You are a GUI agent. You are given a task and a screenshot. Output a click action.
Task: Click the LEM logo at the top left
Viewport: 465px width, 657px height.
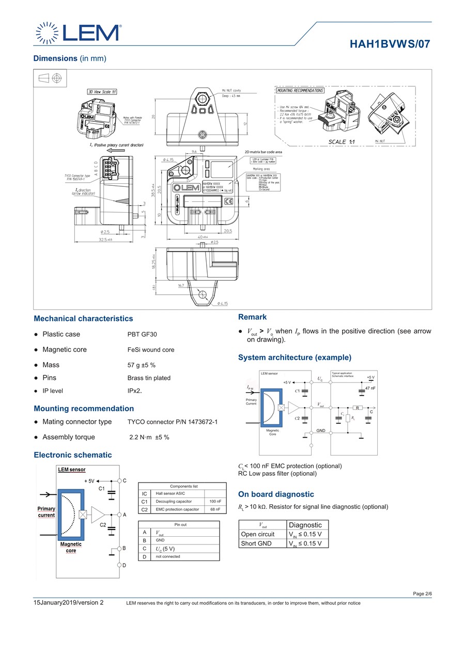click(78, 33)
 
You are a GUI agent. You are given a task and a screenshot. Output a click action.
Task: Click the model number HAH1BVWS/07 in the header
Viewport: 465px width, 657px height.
click(390, 44)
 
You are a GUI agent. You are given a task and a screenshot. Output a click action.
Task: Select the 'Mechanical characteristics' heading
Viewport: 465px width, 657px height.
click(83, 318)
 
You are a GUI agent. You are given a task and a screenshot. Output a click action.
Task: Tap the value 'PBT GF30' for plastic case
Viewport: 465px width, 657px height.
click(142, 334)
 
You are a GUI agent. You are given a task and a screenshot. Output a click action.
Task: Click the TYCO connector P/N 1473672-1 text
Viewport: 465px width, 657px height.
click(173, 422)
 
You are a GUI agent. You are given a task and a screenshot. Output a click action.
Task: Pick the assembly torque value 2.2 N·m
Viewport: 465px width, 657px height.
click(149, 437)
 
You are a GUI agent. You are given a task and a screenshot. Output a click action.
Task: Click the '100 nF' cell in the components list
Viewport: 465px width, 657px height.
click(215, 501)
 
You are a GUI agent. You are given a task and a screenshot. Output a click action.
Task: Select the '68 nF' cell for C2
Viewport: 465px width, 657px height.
click(215, 509)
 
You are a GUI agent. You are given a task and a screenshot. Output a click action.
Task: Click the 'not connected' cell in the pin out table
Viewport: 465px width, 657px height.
click(168, 556)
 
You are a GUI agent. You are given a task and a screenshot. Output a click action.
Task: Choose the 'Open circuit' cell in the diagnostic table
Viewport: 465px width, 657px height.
click(258, 534)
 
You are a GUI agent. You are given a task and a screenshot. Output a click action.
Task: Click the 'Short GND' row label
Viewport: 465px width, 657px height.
click(256, 543)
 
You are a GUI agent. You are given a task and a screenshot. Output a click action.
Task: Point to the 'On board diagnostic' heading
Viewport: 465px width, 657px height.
click(276, 494)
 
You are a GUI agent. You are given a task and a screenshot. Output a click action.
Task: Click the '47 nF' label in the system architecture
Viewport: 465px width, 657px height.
click(370, 388)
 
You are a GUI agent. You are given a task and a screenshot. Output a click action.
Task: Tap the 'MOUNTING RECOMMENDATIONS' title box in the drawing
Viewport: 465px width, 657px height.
click(300, 90)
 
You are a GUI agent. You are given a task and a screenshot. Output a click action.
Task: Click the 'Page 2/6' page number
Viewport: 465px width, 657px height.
click(422, 594)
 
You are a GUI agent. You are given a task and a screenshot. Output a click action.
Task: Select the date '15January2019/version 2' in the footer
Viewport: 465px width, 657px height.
click(69, 602)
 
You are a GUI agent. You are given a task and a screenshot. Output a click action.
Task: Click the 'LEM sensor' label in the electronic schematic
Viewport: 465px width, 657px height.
click(72, 470)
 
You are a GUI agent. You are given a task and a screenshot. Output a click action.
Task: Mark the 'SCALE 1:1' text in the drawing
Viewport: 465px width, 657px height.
click(342, 142)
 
